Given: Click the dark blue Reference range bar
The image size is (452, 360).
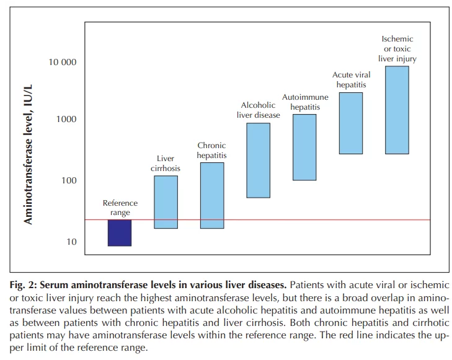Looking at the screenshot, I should point(120,233).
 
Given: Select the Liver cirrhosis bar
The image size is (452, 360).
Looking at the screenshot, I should point(166,202).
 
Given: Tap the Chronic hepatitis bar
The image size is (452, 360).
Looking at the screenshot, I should point(211,195).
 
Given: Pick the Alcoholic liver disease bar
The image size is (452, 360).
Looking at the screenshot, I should point(258,160).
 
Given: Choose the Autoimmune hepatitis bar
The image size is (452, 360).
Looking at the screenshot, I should point(304,147).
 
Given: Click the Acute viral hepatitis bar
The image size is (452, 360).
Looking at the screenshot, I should point(350,123).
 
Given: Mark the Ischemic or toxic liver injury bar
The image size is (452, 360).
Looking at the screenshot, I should point(397,110).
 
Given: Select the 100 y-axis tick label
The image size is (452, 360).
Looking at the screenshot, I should point(69,181).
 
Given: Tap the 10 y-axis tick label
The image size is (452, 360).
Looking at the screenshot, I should point(72,242).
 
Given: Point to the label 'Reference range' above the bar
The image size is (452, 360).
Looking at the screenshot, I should point(120,208).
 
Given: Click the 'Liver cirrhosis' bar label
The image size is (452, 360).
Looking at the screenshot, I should point(166,163).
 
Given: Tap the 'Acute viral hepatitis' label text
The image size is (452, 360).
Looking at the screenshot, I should point(350,80).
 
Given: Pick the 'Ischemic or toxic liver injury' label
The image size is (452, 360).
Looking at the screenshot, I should point(397,49).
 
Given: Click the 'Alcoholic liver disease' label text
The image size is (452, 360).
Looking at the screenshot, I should point(258,110).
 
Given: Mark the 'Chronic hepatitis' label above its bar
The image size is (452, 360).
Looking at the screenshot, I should point(211,151).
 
